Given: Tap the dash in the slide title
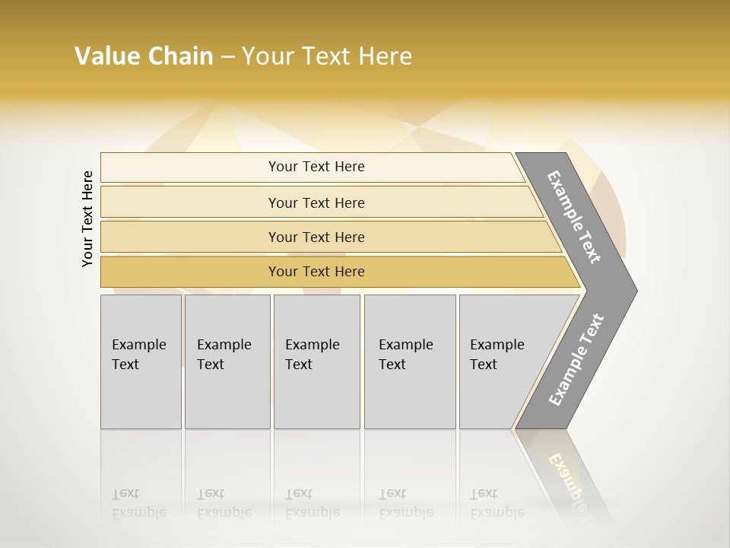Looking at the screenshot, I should tap(227, 57).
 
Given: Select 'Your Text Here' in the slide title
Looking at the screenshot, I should tap(327, 56).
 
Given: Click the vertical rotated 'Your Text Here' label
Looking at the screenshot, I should tap(87, 218).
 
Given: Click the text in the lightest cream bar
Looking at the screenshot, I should tap(316, 167).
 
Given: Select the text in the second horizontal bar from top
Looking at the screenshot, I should tap(316, 203).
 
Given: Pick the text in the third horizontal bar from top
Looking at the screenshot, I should tap(316, 237).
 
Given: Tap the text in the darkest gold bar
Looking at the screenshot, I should tap(316, 272).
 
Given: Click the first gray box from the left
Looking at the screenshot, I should tap(141, 362).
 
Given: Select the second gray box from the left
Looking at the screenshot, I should tap(227, 362).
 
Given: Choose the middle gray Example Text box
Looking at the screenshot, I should tap(316, 362).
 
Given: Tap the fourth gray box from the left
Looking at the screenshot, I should tap(410, 362).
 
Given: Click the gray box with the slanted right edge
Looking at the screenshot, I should tap(502, 362).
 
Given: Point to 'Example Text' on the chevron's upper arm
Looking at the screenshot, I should tap(574, 217).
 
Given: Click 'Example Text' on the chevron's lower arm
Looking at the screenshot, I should tap(576, 360).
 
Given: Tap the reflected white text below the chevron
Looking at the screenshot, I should tap(570, 479).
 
